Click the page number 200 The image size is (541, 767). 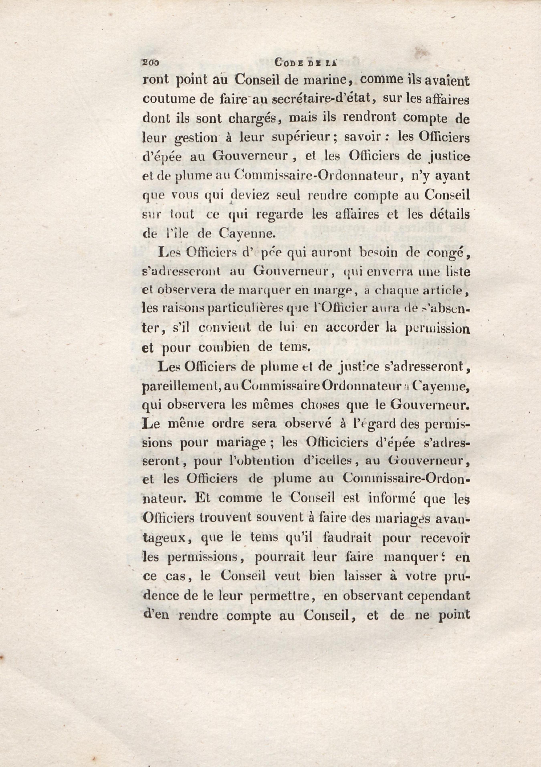[151, 62]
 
